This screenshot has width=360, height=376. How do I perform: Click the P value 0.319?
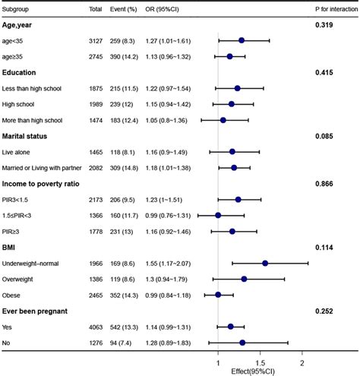(x=325, y=26)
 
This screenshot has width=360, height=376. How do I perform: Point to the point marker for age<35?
(x=242, y=40)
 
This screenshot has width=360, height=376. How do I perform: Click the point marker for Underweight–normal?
(x=265, y=263)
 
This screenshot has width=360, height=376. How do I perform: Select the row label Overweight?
(x=27, y=279)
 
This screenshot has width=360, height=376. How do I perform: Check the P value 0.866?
(x=325, y=184)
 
